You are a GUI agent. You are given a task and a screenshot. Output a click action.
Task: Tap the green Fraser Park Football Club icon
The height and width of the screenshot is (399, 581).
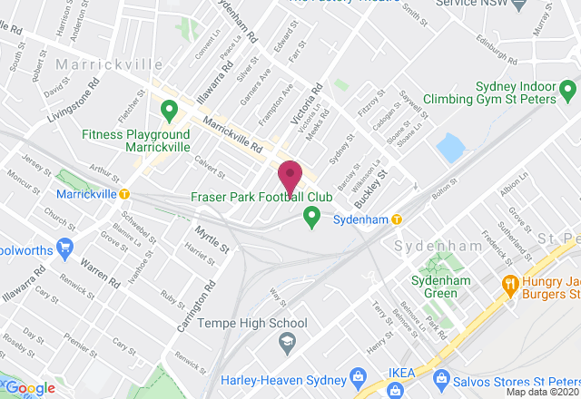point(311,217)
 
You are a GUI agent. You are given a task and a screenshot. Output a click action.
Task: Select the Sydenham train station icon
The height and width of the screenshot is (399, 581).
point(397,219)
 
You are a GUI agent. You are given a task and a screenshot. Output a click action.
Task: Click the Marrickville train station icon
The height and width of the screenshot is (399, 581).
point(125,194)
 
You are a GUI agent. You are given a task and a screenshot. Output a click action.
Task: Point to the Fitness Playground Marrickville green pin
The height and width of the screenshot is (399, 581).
point(168,112)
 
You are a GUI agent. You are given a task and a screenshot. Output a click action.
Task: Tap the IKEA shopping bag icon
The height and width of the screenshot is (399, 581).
point(395,390)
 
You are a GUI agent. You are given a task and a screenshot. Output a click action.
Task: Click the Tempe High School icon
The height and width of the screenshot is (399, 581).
point(288,341)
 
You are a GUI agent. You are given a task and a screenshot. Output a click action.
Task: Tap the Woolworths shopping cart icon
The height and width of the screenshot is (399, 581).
point(64,246)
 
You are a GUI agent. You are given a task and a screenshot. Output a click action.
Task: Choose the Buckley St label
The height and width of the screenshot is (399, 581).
point(371,185)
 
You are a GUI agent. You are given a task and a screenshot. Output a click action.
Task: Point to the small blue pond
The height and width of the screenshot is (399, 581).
point(449,148)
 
